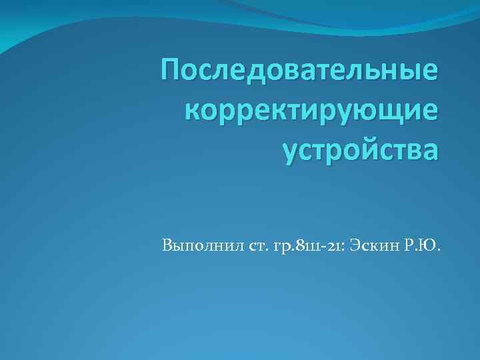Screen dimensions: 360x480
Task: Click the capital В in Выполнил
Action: [166, 248]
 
